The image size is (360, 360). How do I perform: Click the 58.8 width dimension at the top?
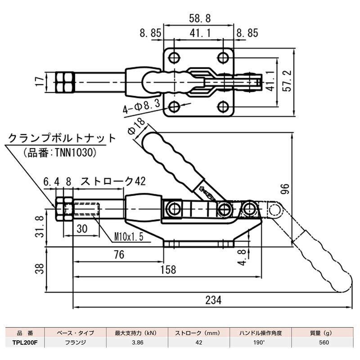point(198,18)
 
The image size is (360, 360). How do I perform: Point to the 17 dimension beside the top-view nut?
point(40,81)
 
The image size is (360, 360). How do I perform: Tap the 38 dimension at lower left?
point(40,270)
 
